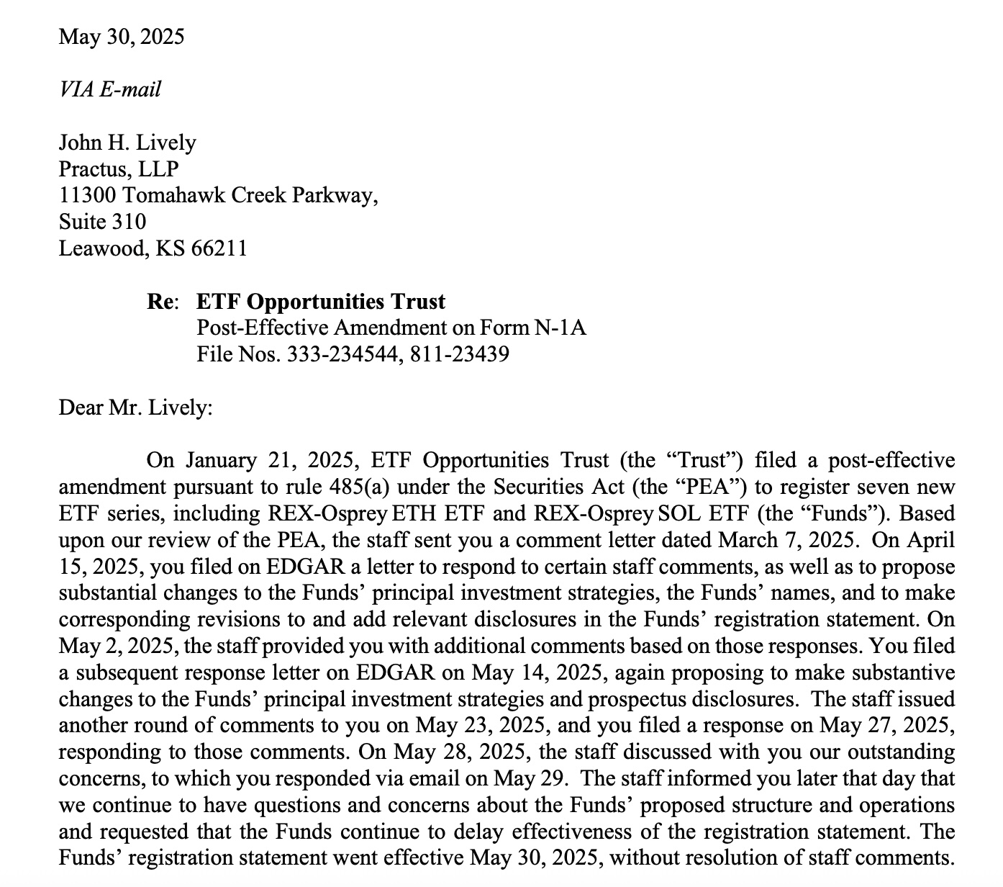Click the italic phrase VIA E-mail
[x=110, y=89]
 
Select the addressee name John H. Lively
[x=127, y=143]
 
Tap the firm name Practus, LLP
[x=119, y=169]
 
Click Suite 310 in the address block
[x=102, y=222]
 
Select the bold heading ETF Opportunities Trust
[x=321, y=302]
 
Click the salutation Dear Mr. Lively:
[x=135, y=408]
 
